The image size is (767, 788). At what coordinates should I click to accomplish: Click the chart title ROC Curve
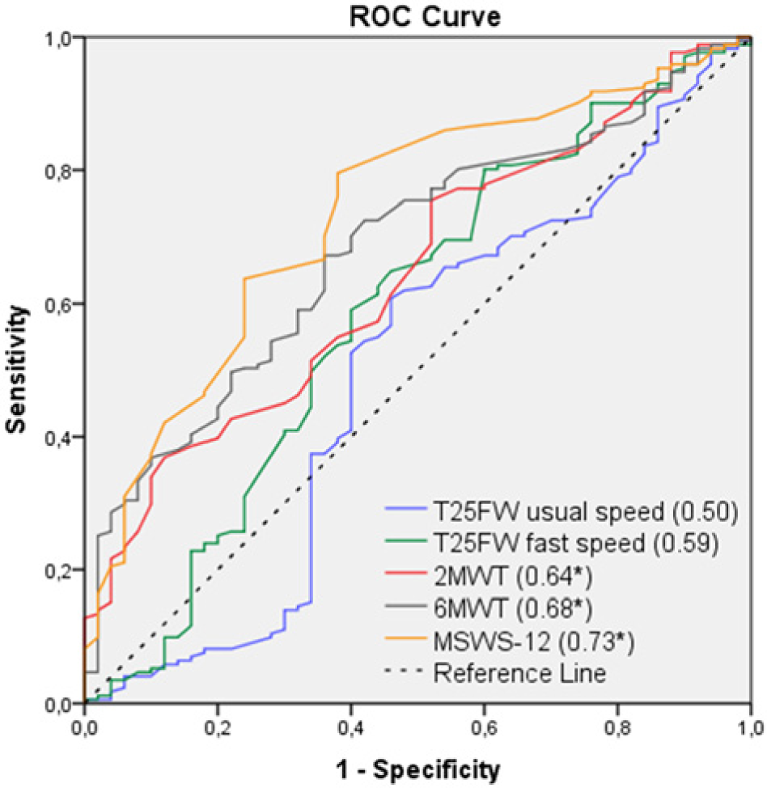[425, 16]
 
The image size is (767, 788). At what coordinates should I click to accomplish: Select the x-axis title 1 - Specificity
[417, 769]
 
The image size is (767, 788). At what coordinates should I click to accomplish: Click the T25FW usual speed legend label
[586, 511]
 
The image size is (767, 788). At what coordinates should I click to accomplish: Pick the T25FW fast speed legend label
[575, 543]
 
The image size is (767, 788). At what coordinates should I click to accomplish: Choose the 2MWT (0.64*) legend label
[513, 576]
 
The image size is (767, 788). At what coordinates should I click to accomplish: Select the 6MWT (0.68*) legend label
[513, 608]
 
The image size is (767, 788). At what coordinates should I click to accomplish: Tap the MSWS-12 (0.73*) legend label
[534, 642]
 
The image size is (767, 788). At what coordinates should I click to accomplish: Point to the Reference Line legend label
[519, 673]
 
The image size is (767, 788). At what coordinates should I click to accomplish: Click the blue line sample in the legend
[405, 509]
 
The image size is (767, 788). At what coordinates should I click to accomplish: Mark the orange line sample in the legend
[405, 638]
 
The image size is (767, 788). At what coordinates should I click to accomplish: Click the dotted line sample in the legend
[405, 670]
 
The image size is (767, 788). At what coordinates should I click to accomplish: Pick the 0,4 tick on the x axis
[351, 728]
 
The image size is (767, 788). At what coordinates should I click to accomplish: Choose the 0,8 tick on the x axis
[617, 728]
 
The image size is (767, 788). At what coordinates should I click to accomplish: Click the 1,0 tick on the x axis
[751, 728]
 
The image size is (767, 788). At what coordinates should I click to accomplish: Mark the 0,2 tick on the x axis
[218, 728]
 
